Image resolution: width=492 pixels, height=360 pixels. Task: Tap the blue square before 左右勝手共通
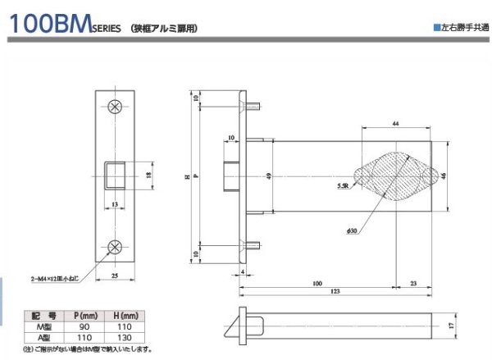(436, 28)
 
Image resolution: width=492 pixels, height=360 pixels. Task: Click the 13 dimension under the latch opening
(115, 203)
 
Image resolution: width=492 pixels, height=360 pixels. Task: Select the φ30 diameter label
(353, 231)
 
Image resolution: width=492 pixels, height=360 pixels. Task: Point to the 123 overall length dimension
(336, 292)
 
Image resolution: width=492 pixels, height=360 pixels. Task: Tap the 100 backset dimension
(316, 282)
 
